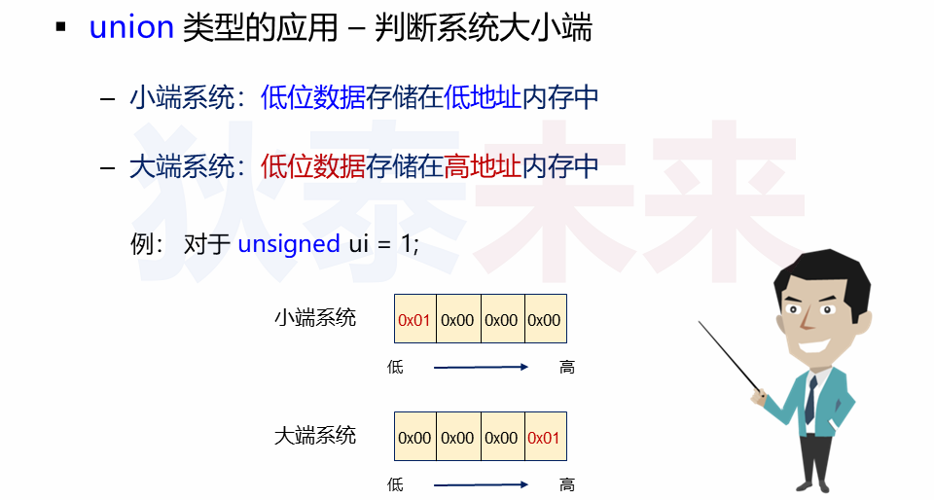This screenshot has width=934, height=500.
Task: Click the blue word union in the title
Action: pos(131,28)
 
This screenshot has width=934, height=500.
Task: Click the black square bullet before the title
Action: pos(61,27)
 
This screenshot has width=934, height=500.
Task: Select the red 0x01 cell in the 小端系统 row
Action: pos(414,320)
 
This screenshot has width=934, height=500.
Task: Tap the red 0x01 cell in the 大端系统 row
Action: pos(544,438)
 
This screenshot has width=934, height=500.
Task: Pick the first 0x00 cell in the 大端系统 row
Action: pos(414,438)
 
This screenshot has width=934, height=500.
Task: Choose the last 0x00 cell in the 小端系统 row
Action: pos(544,320)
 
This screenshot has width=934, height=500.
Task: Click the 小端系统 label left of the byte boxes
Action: pos(315,317)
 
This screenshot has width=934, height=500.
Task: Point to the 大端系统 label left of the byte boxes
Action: pos(315,435)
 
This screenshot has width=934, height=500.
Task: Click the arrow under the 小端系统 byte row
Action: pos(480,367)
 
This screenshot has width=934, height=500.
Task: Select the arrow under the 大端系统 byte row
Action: pos(480,483)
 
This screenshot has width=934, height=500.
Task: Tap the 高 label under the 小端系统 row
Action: pos(567,367)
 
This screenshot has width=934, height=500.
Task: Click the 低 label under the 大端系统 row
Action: pos(395,483)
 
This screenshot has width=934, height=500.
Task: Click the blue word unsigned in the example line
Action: pos(289,243)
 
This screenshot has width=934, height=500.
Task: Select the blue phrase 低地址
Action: pos(483,97)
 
